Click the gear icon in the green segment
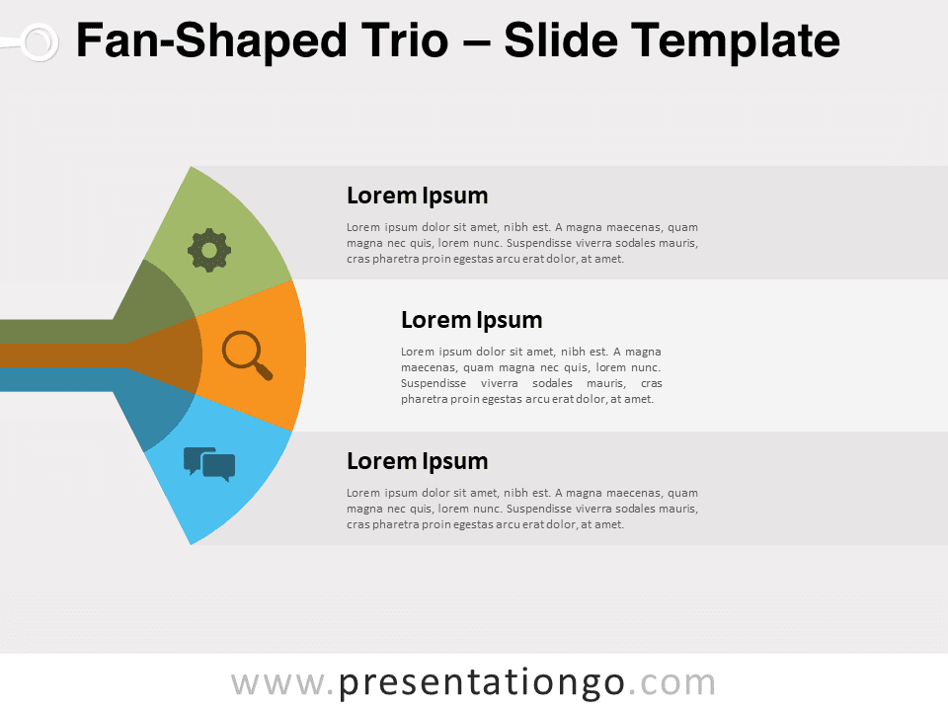click(x=209, y=250)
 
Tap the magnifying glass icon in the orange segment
click(x=247, y=355)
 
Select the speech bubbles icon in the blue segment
click(x=209, y=464)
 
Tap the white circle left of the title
click(x=39, y=42)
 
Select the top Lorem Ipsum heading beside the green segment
click(x=417, y=196)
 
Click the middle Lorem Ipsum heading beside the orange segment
click(x=472, y=320)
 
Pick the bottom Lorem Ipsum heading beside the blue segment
click(x=417, y=461)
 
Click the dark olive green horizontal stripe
click(x=57, y=332)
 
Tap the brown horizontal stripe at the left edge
click(x=60, y=355)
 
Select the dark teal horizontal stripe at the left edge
click(x=57, y=379)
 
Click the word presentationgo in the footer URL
click(x=481, y=683)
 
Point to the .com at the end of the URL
click(x=671, y=683)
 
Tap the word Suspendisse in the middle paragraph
click(x=434, y=383)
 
